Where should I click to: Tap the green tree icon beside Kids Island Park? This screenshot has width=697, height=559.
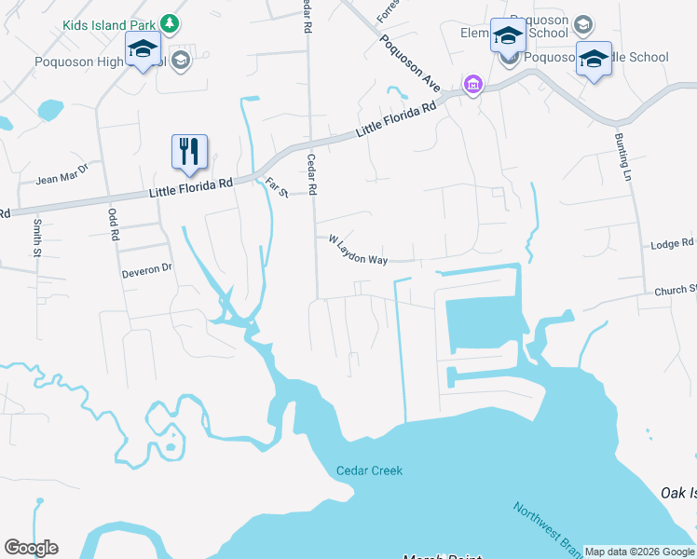coord(169,22)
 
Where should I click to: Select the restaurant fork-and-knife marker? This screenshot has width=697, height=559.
coord(189,151)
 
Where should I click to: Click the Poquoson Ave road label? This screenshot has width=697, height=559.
coord(411,63)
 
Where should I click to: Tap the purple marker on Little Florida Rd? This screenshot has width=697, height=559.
coord(473,86)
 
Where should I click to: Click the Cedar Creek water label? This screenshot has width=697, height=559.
coord(369,470)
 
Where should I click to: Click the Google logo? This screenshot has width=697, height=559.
coord(31,548)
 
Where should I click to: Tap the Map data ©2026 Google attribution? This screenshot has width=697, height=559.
coord(639,552)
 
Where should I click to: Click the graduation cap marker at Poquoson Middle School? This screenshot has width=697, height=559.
coord(594,59)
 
